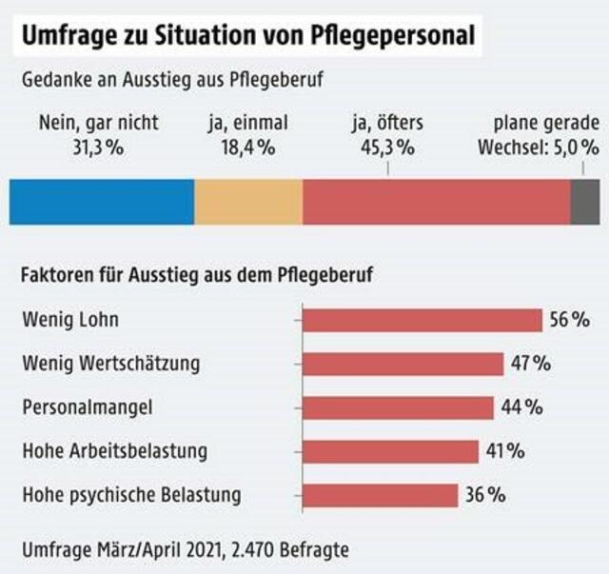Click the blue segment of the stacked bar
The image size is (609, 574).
click(102, 201)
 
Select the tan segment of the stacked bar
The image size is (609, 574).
click(248, 201)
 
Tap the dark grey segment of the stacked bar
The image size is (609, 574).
click(584, 201)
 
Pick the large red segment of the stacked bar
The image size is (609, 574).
click(436, 201)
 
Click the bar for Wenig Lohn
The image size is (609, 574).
click(422, 321)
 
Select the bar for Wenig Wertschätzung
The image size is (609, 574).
click(403, 364)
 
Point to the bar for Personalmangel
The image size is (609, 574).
click(398, 407)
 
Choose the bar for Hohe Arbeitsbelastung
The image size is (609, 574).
click(390, 451)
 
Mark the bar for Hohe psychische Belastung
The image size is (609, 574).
click(380, 495)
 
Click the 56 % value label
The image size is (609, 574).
click(570, 321)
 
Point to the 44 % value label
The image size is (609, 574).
click(521, 407)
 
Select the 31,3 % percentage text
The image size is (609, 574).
click(98, 147)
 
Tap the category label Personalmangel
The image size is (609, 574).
click(87, 407)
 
